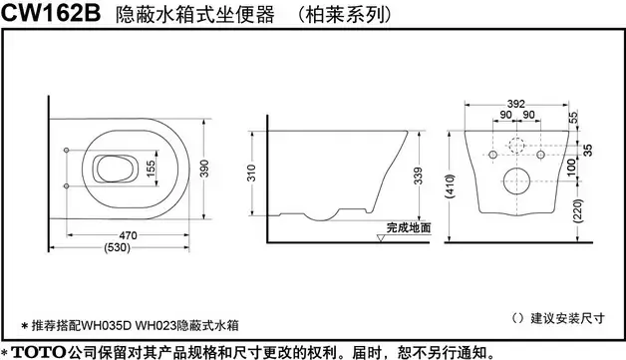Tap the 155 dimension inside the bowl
click(x=150, y=171)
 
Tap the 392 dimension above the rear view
click(x=515, y=103)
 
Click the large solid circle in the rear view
click(x=516, y=182)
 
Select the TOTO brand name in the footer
click(x=39, y=350)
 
